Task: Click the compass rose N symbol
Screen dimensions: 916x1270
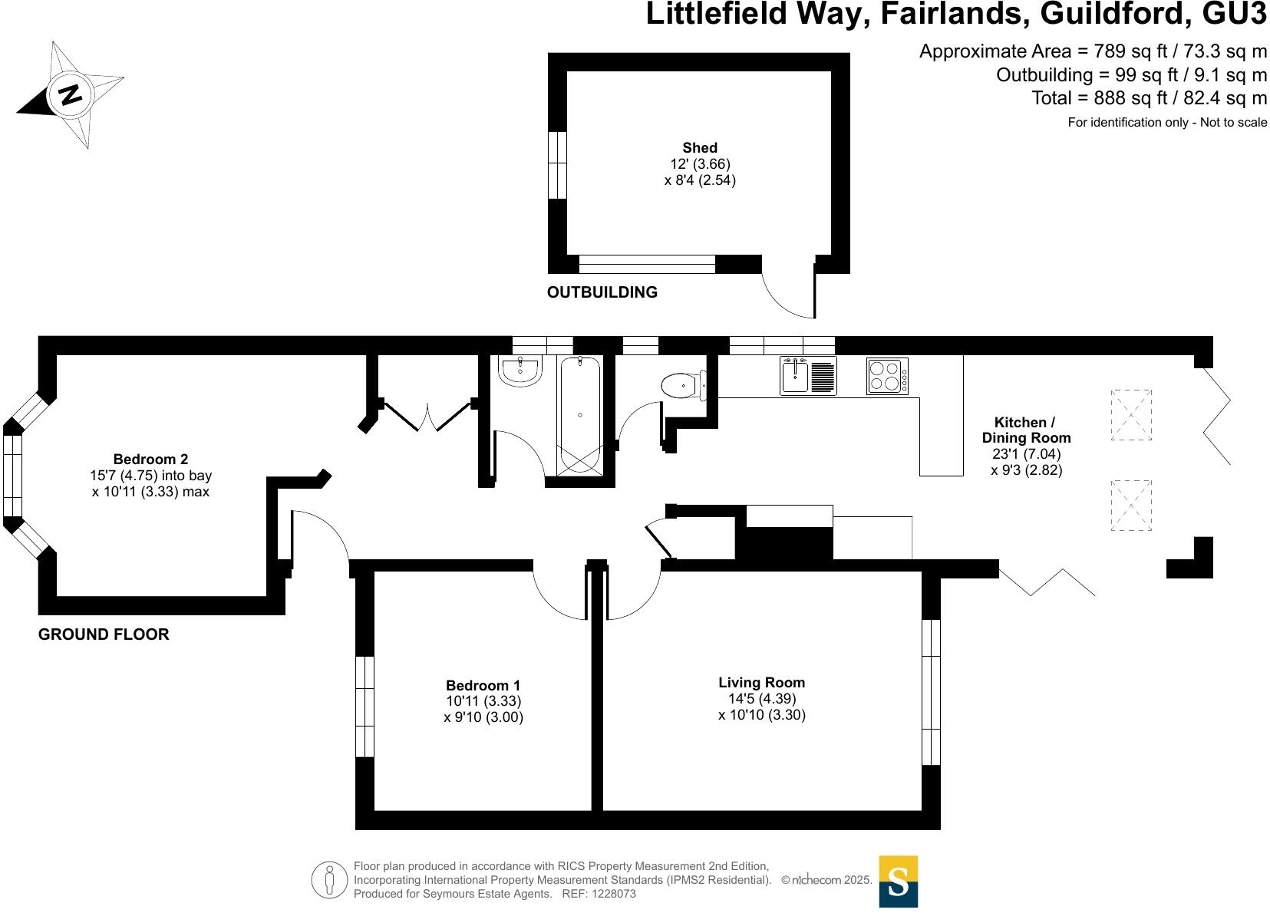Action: [x=71, y=94]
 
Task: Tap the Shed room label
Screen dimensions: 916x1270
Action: [x=700, y=148]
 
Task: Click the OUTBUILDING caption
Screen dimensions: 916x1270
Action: [x=602, y=292]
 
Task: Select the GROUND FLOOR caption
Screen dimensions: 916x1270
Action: [x=104, y=634]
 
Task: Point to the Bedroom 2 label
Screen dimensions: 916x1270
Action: [x=150, y=460]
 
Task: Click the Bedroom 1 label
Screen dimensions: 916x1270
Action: [x=483, y=685]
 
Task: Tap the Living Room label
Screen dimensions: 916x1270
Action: [x=761, y=682]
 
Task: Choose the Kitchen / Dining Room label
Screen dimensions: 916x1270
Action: [x=1026, y=430]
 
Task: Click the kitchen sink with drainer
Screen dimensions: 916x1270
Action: [x=808, y=376]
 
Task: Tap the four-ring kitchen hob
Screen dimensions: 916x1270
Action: [x=887, y=376]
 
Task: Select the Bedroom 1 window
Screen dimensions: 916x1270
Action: [x=365, y=707]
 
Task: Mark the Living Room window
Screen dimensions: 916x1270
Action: [x=931, y=692]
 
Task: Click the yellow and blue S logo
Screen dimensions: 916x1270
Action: [x=898, y=881]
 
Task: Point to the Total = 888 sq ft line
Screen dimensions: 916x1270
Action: [x=1149, y=98]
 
